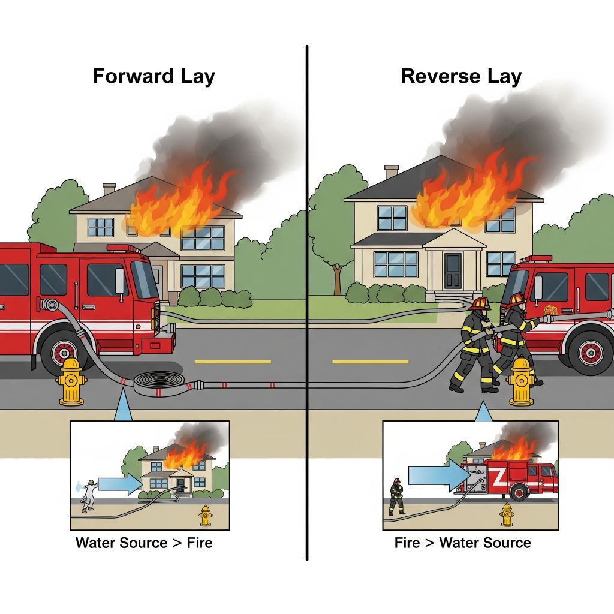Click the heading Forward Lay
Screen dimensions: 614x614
153,77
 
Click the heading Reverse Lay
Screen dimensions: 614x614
460,77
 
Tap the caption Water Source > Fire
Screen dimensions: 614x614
144,543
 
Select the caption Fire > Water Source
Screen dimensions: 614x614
462,543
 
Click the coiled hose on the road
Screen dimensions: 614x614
160,381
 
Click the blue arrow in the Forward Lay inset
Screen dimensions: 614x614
118,484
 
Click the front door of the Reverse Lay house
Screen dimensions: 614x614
453,271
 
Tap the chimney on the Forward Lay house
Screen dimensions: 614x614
109,189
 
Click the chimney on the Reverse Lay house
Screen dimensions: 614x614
392,171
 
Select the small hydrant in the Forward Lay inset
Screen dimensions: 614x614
206,515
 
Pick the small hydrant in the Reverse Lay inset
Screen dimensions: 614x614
507,514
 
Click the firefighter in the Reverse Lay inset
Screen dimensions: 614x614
396,496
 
